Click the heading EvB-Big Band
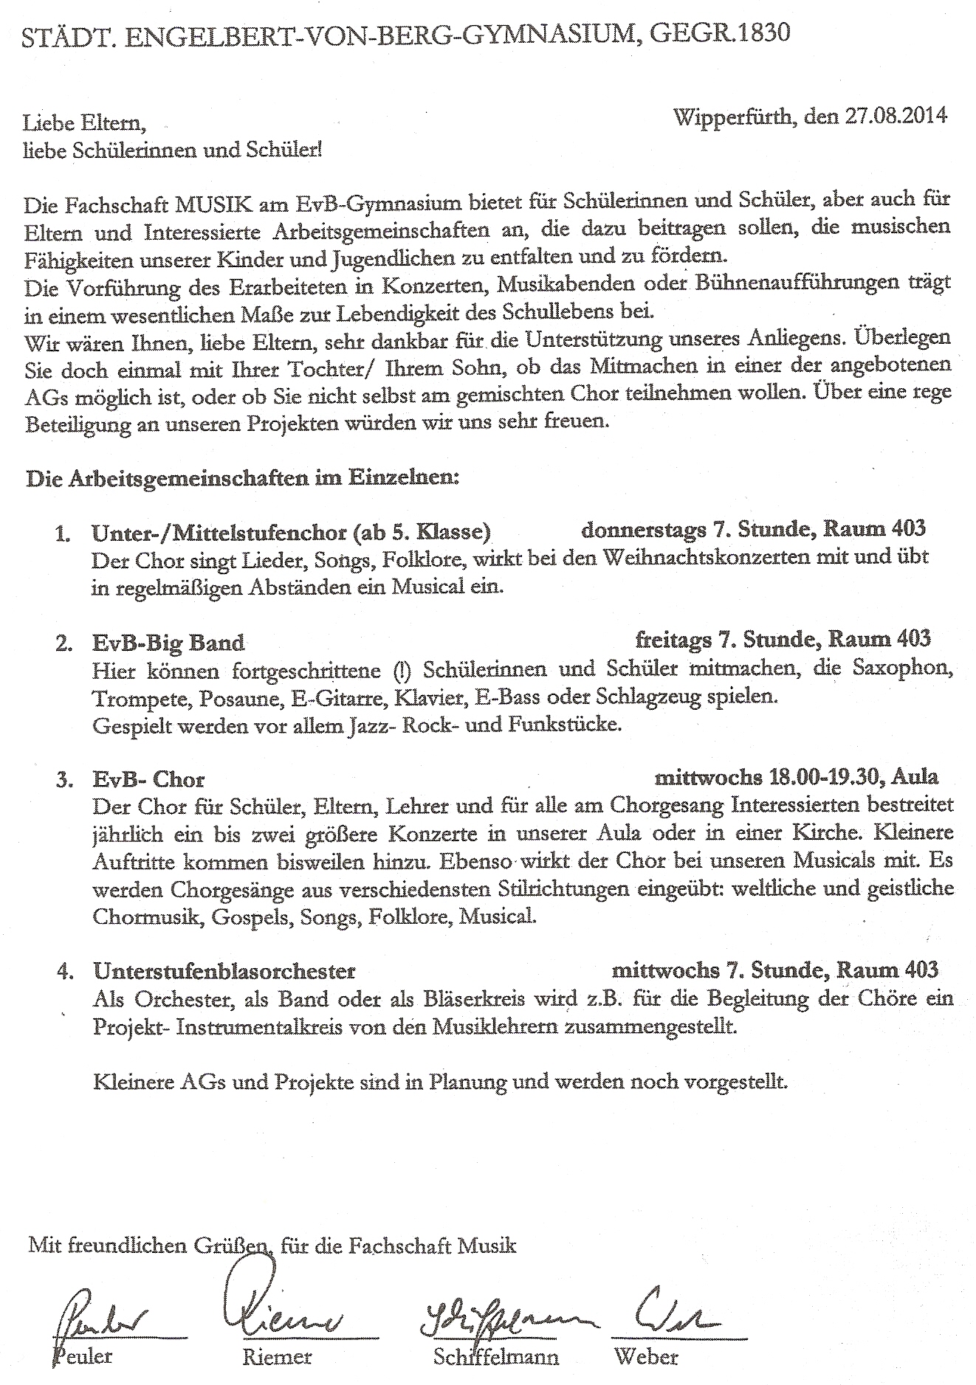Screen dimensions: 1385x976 click(x=168, y=642)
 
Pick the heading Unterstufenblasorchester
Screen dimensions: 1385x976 click(x=224, y=971)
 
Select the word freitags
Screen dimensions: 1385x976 click(x=672, y=639)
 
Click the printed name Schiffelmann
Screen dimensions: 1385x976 click(x=496, y=1356)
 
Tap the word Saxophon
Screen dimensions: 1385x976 click(x=900, y=668)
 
